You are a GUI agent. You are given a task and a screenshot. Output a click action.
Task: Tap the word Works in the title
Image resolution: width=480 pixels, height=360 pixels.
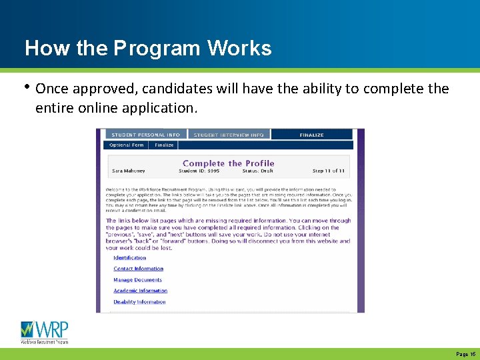point(239,49)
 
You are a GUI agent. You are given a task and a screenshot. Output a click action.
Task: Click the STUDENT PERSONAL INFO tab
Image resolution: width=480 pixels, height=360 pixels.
point(145,135)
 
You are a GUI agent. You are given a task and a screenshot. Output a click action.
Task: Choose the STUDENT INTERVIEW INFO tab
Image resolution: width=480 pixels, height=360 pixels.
point(229,135)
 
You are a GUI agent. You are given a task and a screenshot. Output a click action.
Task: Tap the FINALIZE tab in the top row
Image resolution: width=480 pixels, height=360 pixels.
point(311,135)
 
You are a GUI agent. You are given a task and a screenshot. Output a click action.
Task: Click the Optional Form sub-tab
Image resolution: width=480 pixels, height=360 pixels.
point(127,145)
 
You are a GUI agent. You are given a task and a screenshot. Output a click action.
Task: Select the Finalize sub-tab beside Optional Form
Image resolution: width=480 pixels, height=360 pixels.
point(164,145)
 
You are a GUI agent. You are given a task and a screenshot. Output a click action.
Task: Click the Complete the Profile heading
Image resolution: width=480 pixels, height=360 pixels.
point(228,163)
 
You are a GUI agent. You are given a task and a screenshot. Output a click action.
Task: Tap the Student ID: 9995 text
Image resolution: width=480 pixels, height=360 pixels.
point(199,171)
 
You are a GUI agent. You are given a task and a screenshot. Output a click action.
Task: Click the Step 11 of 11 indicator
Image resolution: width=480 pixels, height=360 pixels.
point(327,171)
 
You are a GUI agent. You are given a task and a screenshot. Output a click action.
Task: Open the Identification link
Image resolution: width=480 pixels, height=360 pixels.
point(129,258)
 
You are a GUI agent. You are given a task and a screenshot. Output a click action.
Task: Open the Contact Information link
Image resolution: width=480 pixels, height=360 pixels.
point(138,269)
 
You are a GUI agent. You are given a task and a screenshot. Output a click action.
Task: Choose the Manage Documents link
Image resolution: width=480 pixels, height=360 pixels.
point(137,280)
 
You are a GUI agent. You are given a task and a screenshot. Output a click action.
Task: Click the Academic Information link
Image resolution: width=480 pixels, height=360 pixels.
point(140,291)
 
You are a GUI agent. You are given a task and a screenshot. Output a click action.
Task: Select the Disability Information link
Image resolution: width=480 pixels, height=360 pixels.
point(139,302)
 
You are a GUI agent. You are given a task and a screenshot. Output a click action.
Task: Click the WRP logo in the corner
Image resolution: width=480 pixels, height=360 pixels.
point(44,332)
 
